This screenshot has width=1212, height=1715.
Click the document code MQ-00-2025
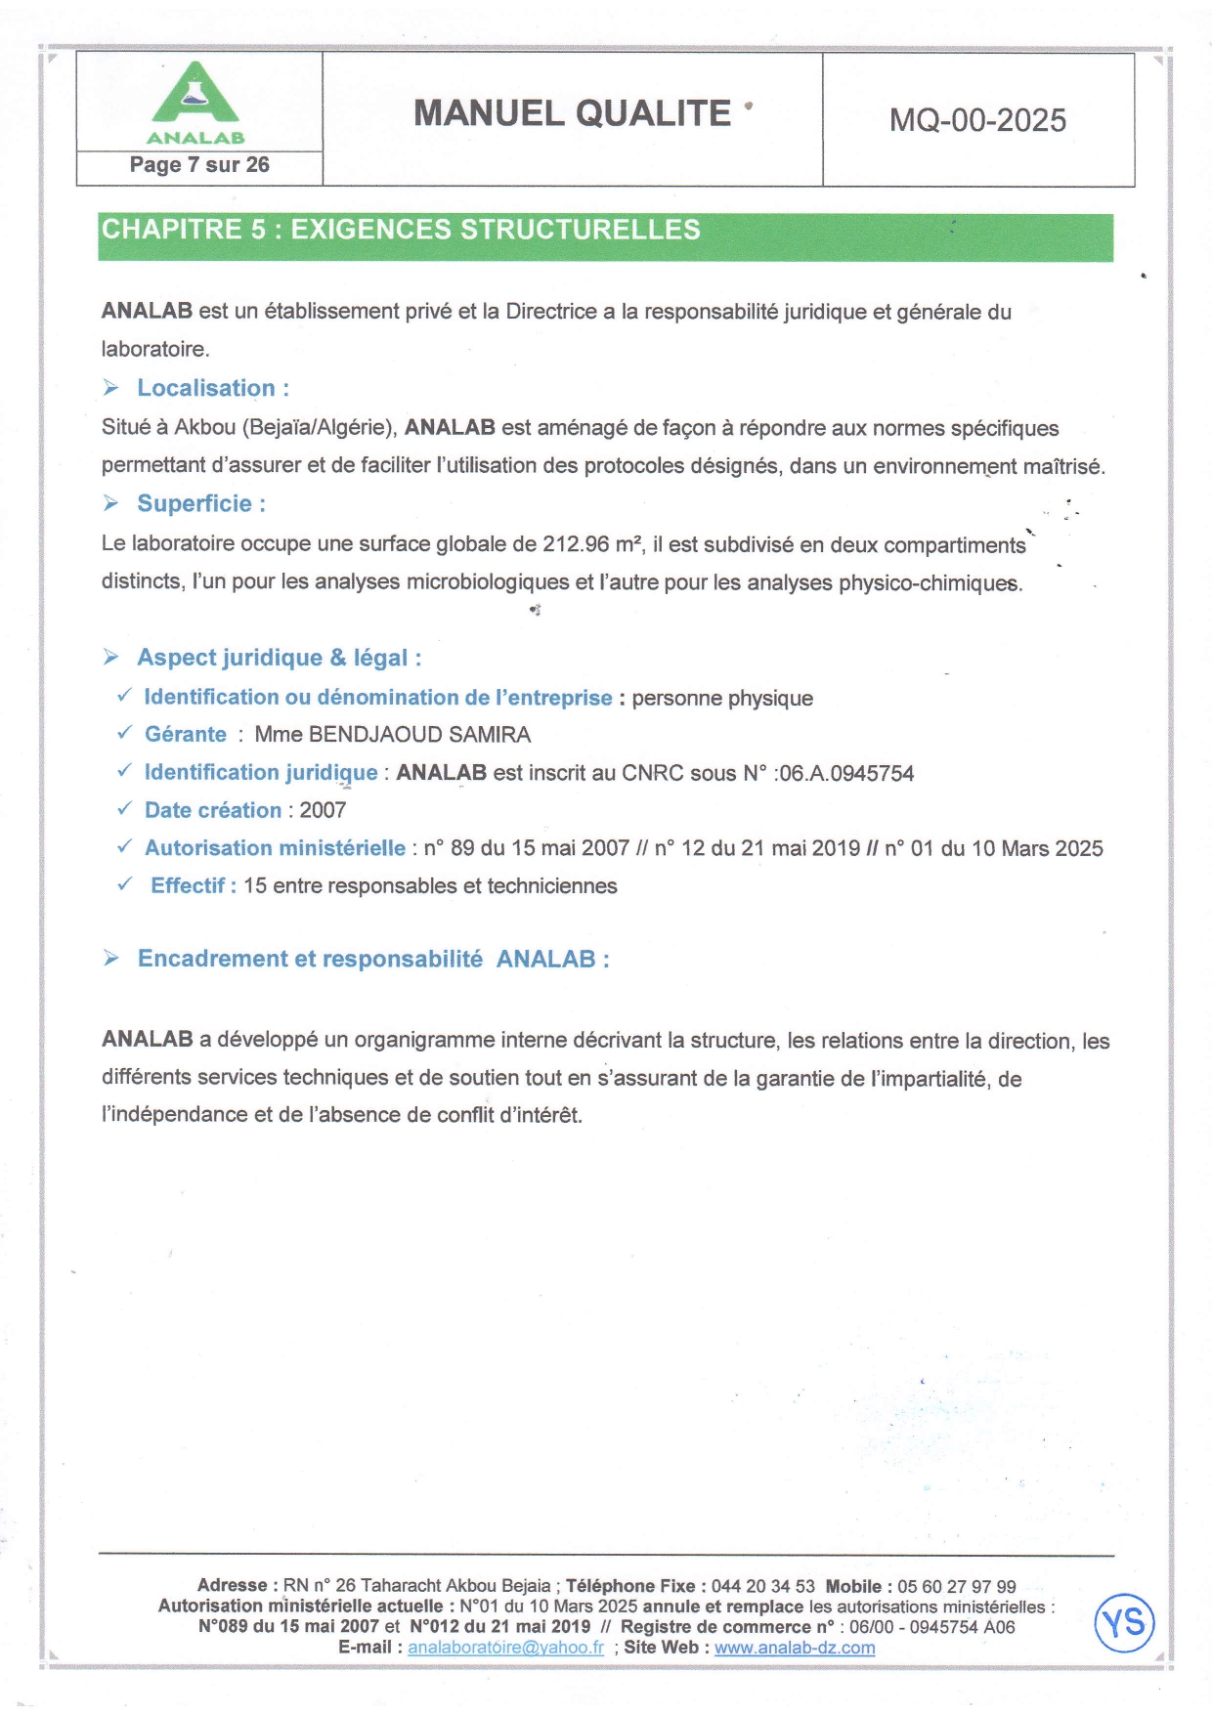tap(977, 120)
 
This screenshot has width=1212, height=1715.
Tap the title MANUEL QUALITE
tap(572, 113)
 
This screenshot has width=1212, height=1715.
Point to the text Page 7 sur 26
tap(199, 165)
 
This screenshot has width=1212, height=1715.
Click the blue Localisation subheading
tap(212, 388)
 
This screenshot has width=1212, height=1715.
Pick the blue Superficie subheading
tap(200, 503)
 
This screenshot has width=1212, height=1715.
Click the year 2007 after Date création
tap(323, 810)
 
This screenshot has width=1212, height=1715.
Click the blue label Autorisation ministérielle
tap(275, 848)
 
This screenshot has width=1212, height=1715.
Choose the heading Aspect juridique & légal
tap(279, 658)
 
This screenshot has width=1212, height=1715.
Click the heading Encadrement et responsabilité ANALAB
tap(373, 959)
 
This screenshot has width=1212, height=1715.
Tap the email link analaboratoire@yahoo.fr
tap(505, 1648)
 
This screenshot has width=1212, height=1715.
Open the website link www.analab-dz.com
tap(795, 1648)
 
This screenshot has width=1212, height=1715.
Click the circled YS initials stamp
tap(1124, 1623)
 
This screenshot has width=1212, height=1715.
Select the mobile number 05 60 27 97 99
tap(957, 1587)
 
